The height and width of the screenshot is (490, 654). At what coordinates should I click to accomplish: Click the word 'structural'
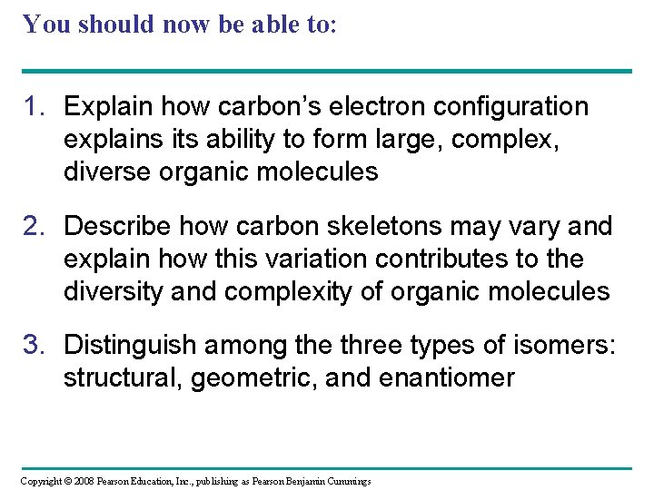click(x=122, y=377)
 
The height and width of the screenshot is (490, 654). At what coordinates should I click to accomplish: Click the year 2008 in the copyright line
click(x=80, y=480)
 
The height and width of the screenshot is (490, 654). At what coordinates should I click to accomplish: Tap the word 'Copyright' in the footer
click(x=40, y=480)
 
